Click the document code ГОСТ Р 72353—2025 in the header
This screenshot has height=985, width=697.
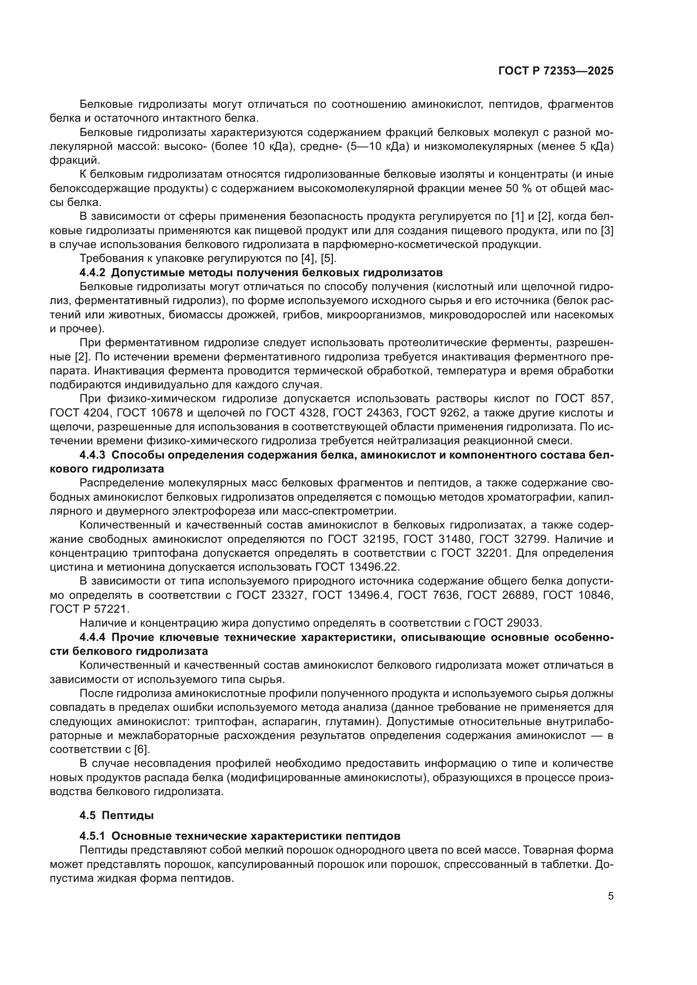[555, 71]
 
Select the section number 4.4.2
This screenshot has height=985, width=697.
[92, 272]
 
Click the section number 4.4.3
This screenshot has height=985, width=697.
[92, 455]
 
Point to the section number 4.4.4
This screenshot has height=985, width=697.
[92, 637]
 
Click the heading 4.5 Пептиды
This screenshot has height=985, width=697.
[116, 815]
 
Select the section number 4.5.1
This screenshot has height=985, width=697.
[92, 836]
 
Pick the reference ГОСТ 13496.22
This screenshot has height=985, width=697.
[357, 567]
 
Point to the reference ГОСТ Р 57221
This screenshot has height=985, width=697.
[89, 609]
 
